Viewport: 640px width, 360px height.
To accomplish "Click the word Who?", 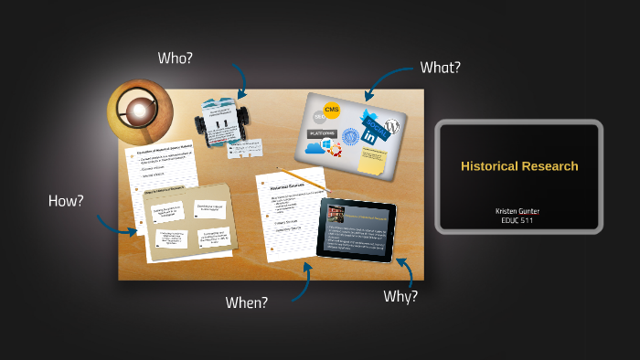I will (x=175, y=58).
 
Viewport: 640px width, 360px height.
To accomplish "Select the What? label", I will (x=440, y=67).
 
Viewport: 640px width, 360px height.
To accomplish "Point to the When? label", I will (x=247, y=302).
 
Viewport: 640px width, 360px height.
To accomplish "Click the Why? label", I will (x=400, y=296).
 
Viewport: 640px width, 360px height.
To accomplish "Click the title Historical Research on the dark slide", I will (x=519, y=166).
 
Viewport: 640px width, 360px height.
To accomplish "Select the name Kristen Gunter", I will (x=518, y=211).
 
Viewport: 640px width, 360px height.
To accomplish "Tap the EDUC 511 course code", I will (x=518, y=220).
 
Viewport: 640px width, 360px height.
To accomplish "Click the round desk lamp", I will (x=140, y=111).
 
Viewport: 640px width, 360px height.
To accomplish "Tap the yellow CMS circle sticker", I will (x=332, y=111).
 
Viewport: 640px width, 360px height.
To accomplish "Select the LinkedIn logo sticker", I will (x=370, y=135).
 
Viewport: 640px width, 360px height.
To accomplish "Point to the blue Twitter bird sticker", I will (x=369, y=119).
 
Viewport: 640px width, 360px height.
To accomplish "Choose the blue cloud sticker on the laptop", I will (x=315, y=147).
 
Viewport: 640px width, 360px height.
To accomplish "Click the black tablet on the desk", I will (x=357, y=229).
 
